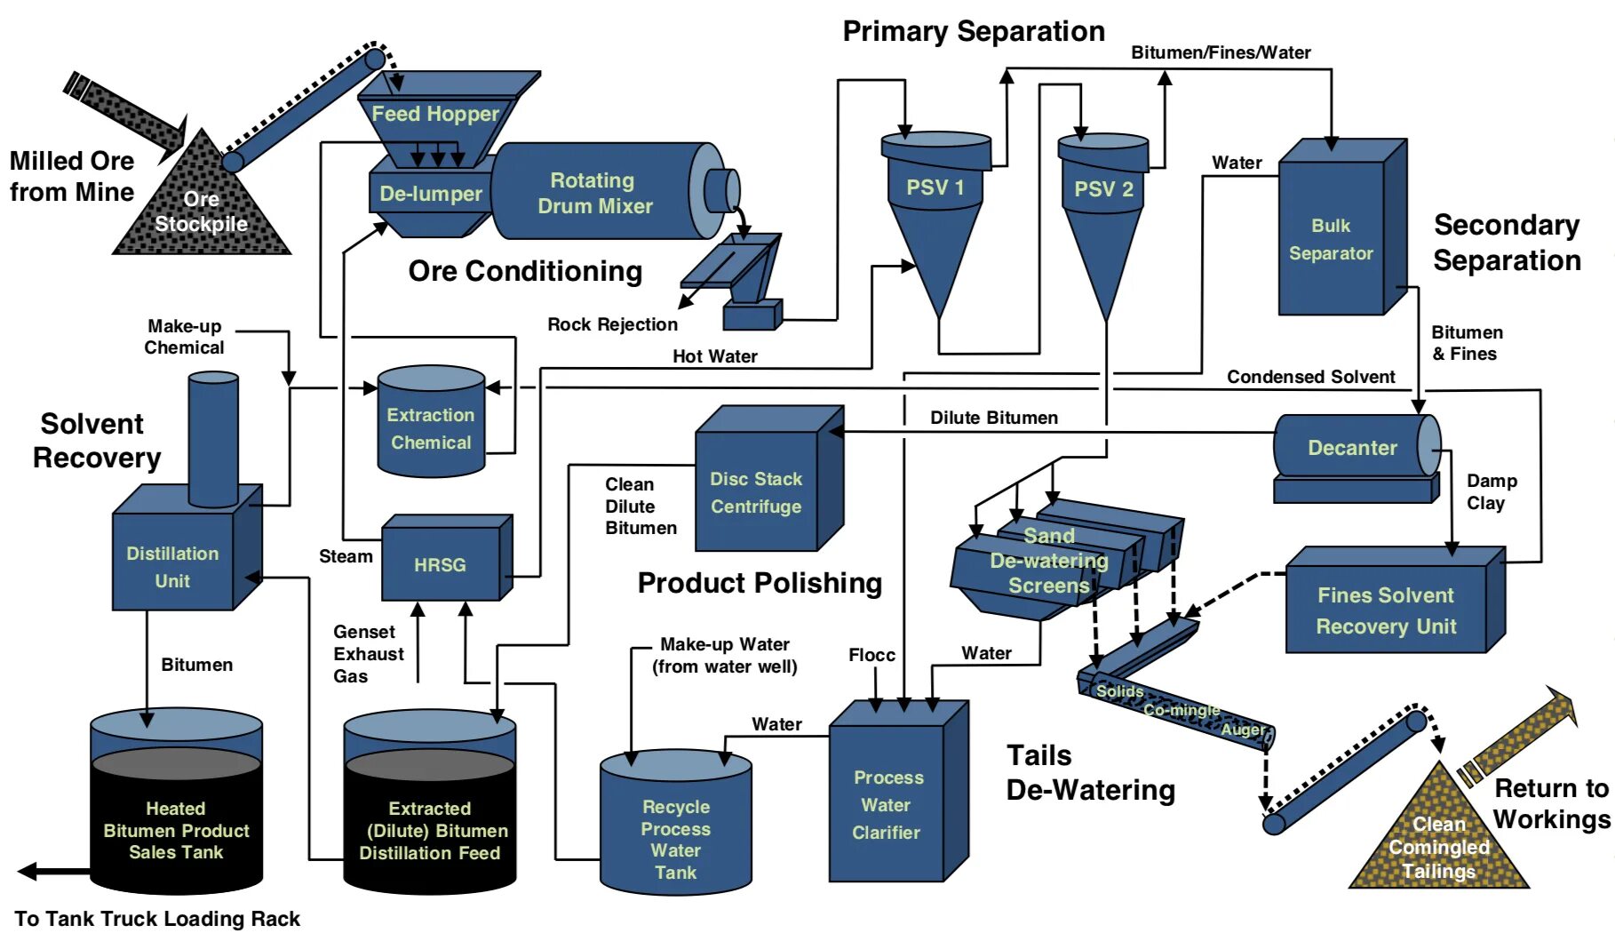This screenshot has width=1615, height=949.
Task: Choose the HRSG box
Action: click(x=441, y=564)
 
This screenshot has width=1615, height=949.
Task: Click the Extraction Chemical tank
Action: click(x=431, y=427)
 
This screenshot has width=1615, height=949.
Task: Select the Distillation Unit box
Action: click(x=173, y=566)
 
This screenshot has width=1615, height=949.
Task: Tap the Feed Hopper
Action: click(x=435, y=114)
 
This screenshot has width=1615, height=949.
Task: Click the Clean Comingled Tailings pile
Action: click(x=1439, y=845)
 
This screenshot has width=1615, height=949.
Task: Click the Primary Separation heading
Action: click(x=974, y=32)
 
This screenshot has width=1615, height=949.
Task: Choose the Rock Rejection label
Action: click(x=612, y=324)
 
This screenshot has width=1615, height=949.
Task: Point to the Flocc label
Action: click(x=871, y=655)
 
